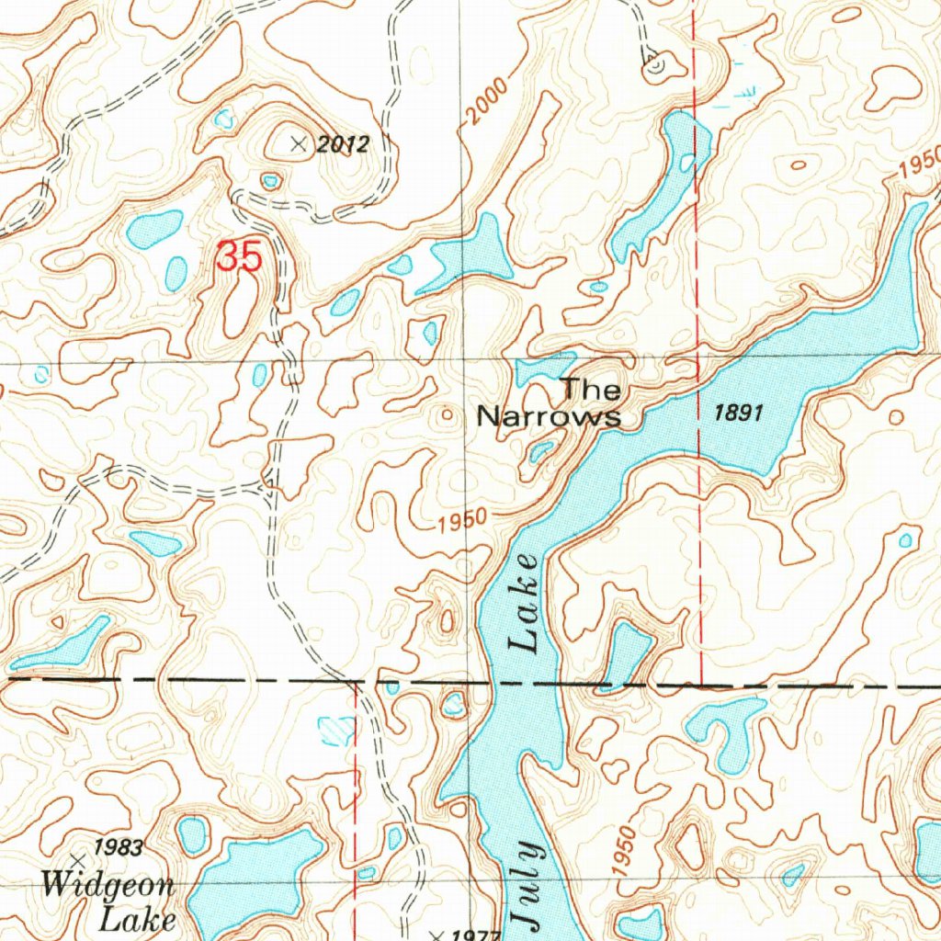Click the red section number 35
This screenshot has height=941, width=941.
point(240,256)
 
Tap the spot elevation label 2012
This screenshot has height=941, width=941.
point(341,144)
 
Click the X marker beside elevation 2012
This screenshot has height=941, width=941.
point(297,143)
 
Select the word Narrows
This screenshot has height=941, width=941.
point(549,417)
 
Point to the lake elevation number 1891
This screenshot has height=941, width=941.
point(739,414)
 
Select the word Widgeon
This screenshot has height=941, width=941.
point(108,887)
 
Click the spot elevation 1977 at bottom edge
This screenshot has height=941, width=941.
point(464,935)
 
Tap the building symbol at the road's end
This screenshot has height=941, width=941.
point(654,65)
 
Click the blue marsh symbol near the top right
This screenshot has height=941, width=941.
point(744,90)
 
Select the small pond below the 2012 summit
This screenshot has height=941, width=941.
point(269,181)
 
